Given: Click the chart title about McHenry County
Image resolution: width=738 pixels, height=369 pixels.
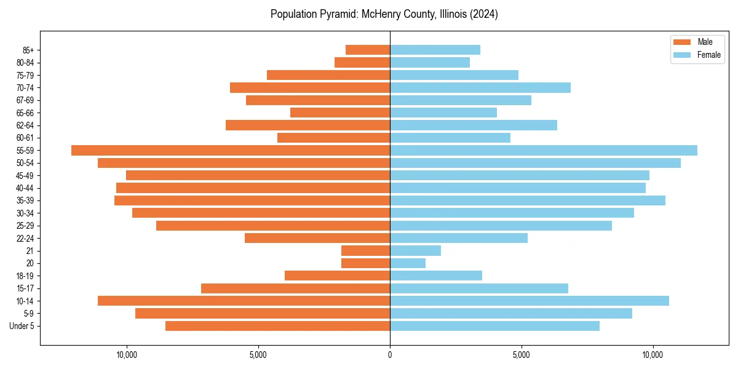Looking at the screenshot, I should click(x=384, y=14).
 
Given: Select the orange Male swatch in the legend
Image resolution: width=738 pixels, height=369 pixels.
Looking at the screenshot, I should click(x=682, y=42).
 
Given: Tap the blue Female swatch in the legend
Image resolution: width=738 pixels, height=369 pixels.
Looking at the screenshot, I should click(x=682, y=55).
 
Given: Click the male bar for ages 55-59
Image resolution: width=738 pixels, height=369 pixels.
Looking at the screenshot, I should click(x=231, y=150).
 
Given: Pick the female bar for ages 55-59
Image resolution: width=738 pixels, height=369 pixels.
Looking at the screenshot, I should click(x=544, y=150).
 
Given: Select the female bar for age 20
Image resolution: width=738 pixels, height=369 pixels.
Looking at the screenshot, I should click(x=408, y=263).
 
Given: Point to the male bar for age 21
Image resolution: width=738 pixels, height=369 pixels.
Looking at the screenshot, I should click(x=365, y=251).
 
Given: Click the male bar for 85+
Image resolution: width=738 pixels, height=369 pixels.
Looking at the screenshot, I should click(x=368, y=50).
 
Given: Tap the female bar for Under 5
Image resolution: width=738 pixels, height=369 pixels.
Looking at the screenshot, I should click(x=494, y=326).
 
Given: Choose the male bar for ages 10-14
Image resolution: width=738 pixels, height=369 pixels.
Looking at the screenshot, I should click(x=244, y=301).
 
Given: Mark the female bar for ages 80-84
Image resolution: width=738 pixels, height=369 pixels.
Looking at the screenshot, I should click(x=430, y=62).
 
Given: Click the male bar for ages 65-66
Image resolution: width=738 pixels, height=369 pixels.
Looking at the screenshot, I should click(x=340, y=113).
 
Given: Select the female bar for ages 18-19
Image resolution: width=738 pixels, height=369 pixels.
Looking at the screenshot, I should click(x=436, y=276).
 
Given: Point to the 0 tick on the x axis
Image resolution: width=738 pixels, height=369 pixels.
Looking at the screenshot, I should click(x=390, y=355).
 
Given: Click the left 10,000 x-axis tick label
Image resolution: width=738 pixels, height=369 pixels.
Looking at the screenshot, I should click(x=127, y=355).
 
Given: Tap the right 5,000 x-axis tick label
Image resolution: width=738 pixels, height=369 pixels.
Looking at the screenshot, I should click(x=521, y=355).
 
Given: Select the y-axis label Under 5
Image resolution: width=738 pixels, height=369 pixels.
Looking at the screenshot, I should click(x=22, y=326).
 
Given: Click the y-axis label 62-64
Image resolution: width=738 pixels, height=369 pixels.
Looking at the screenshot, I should click(x=25, y=125).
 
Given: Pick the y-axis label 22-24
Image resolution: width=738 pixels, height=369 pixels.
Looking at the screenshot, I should click(x=25, y=238).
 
